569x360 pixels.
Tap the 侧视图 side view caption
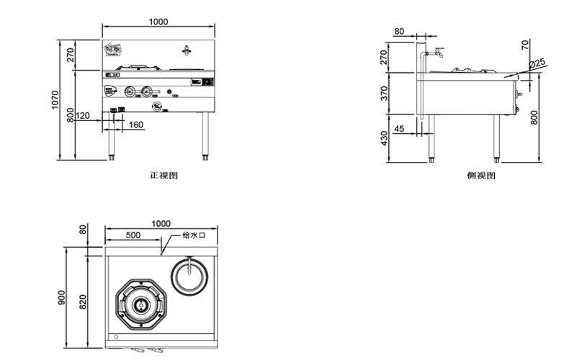(x=480, y=176)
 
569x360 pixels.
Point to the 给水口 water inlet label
(x=194, y=235)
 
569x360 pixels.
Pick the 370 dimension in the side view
(x=384, y=93)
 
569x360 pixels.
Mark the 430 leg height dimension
(x=384, y=137)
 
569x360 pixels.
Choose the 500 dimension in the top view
(x=133, y=235)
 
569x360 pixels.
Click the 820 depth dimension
(x=83, y=302)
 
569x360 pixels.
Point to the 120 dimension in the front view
(x=82, y=115)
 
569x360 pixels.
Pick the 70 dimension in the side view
(x=525, y=45)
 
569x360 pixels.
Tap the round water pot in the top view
(x=190, y=274)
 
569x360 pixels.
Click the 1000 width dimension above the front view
(x=159, y=22)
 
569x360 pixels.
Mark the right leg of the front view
(x=206, y=136)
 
